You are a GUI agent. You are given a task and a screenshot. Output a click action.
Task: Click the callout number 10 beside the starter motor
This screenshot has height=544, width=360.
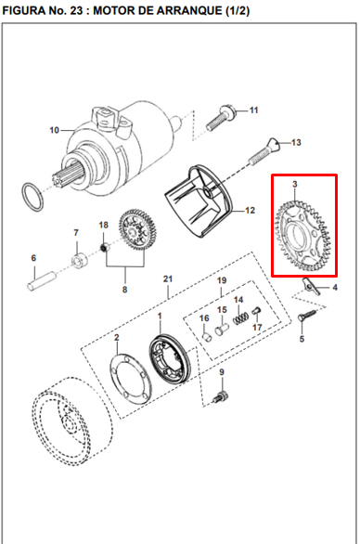click(55, 130)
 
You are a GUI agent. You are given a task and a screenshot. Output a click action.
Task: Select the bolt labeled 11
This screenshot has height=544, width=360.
click(221, 118)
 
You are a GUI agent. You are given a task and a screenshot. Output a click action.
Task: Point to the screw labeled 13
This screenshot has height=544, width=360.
click(264, 151)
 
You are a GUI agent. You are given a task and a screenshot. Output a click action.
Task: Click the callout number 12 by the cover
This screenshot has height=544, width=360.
click(250, 210)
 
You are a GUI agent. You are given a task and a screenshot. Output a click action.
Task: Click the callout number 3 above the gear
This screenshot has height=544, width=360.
click(295, 184)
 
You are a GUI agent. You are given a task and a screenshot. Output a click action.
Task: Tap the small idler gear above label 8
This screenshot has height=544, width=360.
click(137, 228)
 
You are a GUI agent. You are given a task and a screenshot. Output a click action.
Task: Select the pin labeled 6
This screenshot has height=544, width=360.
click(42, 279)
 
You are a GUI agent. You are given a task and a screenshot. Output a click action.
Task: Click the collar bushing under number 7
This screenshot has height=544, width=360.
click(80, 260)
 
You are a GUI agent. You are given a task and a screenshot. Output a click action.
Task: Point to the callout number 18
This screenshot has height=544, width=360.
click(104, 225)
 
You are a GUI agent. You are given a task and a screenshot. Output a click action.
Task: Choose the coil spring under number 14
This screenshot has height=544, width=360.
click(240, 318)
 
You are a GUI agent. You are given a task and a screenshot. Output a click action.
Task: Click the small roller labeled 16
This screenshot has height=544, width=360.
click(207, 337)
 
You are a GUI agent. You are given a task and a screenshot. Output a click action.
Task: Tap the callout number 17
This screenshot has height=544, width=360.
click(257, 327)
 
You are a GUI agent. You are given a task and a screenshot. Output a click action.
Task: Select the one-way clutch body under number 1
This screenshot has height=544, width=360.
click(170, 359)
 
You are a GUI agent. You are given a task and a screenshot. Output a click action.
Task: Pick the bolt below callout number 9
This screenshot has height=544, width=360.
click(221, 397)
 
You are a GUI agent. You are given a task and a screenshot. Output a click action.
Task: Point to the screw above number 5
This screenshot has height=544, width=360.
click(307, 316)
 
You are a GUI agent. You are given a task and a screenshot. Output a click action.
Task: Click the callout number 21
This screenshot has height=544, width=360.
click(168, 278)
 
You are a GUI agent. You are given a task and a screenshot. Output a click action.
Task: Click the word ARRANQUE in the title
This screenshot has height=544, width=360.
click(189, 11)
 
